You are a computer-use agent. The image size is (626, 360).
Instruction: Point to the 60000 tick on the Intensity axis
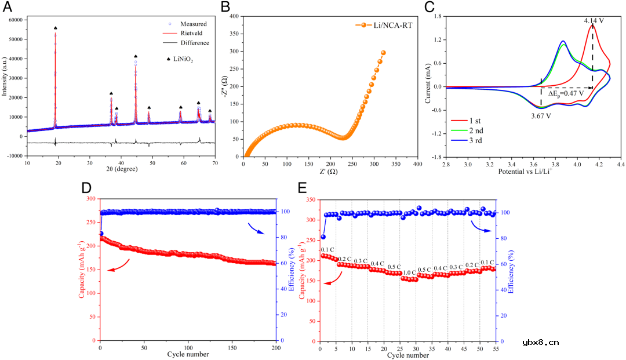coord(14,20)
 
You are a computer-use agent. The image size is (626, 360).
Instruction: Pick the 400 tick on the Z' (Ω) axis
coord(416,165)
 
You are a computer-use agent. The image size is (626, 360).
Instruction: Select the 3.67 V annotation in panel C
coord(541,115)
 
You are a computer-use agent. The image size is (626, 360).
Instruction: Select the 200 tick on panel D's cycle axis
coord(276,348)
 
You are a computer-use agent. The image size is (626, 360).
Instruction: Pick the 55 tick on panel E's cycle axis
coord(495,348)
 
